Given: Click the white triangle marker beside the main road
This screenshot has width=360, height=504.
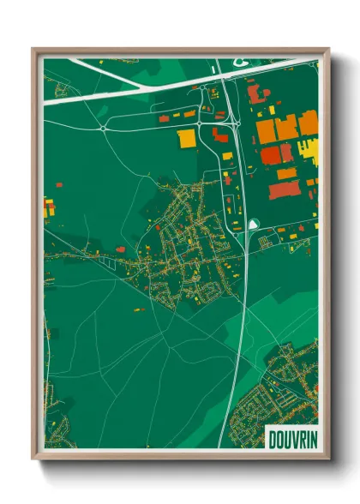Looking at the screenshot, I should pos(253,224).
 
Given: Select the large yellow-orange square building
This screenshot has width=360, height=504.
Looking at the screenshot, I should pos(186,139).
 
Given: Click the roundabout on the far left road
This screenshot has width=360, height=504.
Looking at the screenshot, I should pos(103,128).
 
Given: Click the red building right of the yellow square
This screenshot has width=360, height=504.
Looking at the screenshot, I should pos(220,136).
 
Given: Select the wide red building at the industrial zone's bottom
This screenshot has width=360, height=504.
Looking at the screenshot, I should pos(282,189).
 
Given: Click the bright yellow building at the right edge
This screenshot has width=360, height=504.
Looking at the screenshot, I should pos(312,148).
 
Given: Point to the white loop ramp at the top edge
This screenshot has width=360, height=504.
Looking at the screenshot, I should pos(234,63).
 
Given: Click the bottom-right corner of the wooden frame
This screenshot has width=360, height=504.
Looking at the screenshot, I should pos(328,460).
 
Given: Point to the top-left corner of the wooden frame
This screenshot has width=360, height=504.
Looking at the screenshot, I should pos(33,49).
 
